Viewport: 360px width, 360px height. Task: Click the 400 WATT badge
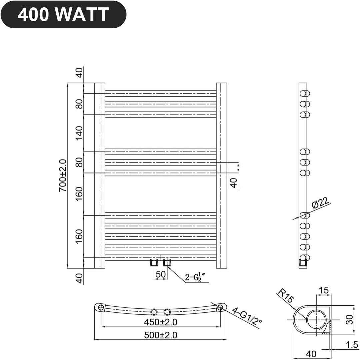(x=63, y=14)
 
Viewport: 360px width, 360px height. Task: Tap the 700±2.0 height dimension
(x=63, y=176)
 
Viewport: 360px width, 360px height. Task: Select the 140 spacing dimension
(x=79, y=133)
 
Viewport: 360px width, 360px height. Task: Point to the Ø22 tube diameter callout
(x=320, y=203)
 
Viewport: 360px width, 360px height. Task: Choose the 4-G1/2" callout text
(x=247, y=316)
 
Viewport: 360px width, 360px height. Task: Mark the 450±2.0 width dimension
(x=161, y=322)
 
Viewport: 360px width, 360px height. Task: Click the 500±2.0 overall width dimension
(x=161, y=335)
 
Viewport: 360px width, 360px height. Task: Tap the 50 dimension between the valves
(x=161, y=274)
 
